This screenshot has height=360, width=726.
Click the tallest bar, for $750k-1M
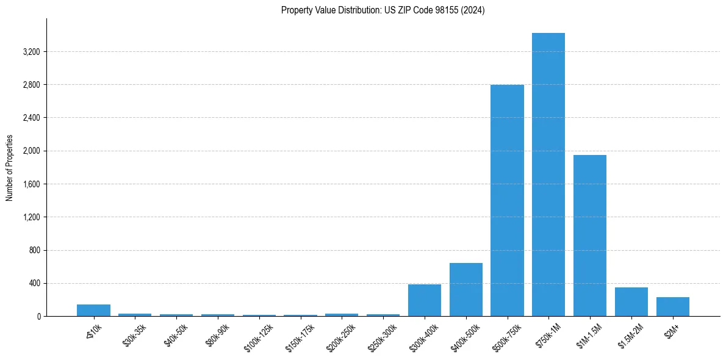click(548, 175)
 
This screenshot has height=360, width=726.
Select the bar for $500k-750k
click(507, 200)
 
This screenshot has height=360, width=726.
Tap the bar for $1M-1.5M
click(590, 236)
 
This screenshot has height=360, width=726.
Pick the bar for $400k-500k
click(465, 289)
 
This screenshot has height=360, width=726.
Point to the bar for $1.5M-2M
click(631, 301)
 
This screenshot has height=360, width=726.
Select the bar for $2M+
click(672, 306)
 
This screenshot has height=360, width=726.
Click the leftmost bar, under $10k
click(93, 310)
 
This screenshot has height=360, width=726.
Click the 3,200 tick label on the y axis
click(31, 52)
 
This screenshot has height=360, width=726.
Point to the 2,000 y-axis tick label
click(31, 151)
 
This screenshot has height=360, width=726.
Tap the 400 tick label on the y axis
click(34, 283)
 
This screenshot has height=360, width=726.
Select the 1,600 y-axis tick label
click(31, 184)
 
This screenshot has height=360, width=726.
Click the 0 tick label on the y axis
click(38, 316)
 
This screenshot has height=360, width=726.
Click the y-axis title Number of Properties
click(10, 167)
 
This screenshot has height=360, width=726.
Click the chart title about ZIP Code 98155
click(383, 10)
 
